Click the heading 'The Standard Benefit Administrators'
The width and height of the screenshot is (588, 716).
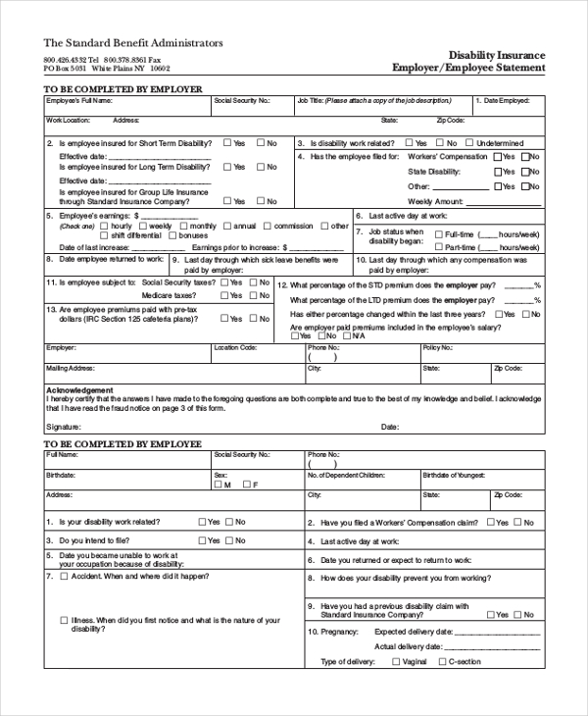[132, 43]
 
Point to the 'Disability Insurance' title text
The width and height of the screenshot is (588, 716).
[496, 55]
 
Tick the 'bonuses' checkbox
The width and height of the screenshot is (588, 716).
[173, 235]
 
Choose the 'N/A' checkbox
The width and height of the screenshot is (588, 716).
[345, 335]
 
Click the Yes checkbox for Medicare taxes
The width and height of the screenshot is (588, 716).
[224, 294]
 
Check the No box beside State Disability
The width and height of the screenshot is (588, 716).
[524, 172]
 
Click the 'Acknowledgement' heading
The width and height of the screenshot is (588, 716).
[79, 389]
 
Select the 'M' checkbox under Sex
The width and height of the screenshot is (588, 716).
[219, 485]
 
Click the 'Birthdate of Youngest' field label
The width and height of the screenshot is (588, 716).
[454, 474]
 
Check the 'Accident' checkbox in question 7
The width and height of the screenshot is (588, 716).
[64, 576]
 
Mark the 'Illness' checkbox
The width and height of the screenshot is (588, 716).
[64, 620]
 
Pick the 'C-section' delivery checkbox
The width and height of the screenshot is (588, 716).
[441, 662]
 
